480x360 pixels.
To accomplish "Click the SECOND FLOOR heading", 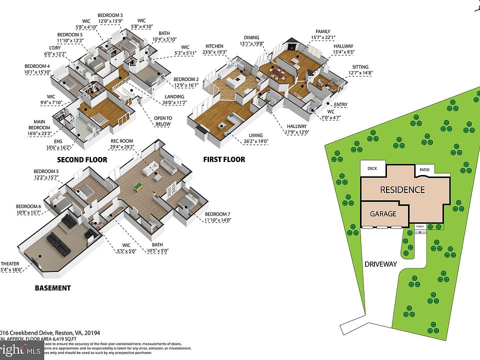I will [x=82, y=160].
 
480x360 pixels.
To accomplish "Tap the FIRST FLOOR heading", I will [x=224, y=159].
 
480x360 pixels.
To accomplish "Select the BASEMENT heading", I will [x=52, y=288].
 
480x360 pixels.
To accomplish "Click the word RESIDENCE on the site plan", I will [x=402, y=190].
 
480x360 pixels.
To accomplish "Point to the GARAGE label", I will [x=383, y=213].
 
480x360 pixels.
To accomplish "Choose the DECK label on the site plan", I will [x=372, y=168].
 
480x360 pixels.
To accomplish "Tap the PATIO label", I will [x=424, y=169].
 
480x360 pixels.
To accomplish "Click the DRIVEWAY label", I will [x=380, y=263].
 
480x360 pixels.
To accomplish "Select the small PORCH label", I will [x=420, y=226].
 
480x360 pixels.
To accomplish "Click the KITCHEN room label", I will [x=214, y=46].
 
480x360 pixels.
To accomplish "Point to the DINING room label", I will [x=251, y=37].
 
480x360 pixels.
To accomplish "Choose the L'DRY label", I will [x=40, y=49].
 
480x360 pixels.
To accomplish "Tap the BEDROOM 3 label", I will [x=110, y=16].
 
